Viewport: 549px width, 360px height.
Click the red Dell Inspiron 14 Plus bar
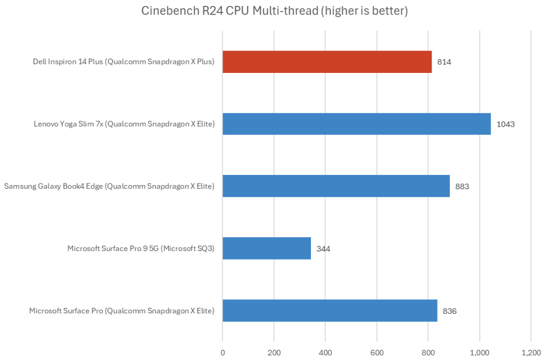click(327, 62)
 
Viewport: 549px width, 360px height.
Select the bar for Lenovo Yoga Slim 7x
click(357, 124)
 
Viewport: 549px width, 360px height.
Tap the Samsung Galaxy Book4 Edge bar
click(336, 186)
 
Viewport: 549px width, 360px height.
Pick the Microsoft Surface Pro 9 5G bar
click(266, 248)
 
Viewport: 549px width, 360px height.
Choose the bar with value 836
click(330, 311)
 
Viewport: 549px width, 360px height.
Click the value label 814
click(444, 62)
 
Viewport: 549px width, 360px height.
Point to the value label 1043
click(506, 124)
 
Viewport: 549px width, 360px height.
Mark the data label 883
click(462, 187)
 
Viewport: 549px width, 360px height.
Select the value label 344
click(323, 249)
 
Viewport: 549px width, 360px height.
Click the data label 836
click(450, 311)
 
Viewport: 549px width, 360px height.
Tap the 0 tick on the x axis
click(222, 352)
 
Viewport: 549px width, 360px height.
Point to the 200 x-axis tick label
click(274, 352)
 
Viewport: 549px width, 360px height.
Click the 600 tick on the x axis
click(377, 352)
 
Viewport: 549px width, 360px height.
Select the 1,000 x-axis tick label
click(479, 352)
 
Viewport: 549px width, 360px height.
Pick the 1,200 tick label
click(531, 352)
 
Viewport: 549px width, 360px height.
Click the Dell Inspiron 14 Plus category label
click(123, 62)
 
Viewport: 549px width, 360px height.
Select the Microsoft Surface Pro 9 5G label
click(141, 248)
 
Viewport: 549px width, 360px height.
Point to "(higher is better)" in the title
click(363, 11)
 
